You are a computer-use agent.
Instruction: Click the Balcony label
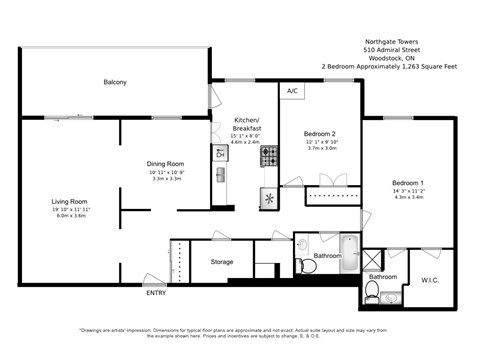[x=115, y=82]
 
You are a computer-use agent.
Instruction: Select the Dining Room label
[x=166, y=163]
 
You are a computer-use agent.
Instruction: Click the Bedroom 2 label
[x=320, y=133]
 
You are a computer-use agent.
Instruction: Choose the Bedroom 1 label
[x=410, y=183]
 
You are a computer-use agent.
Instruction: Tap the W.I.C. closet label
[x=431, y=280]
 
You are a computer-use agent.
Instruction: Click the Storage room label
[x=221, y=262]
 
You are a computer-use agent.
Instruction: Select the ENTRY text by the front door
[x=156, y=293]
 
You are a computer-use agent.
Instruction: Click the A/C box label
[x=292, y=92]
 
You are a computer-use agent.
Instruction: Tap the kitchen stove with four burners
[x=269, y=155]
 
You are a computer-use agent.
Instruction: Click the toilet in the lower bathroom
[x=372, y=291]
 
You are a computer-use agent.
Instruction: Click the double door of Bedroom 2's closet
[x=324, y=181]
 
